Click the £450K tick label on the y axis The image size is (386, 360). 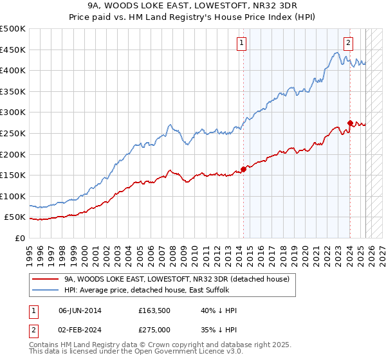[13, 50]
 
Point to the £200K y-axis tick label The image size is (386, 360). [13, 154]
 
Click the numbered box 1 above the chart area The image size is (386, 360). [241, 44]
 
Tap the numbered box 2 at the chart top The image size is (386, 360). [348, 44]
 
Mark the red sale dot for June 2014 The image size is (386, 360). [243, 170]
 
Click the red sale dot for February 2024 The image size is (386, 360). [349, 123]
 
